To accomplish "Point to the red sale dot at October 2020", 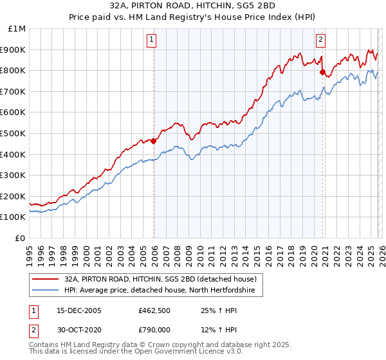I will tap(322, 72).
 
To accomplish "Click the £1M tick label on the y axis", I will tap(17, 29).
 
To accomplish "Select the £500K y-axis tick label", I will tap(14, 133).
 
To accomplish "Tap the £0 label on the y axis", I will tap(21, 238).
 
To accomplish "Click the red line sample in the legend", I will tap(46, 279).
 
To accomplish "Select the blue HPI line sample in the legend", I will tap(46, 291).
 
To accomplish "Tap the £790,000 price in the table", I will tap(154, 328).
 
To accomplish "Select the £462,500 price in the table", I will tap(154, 310).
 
